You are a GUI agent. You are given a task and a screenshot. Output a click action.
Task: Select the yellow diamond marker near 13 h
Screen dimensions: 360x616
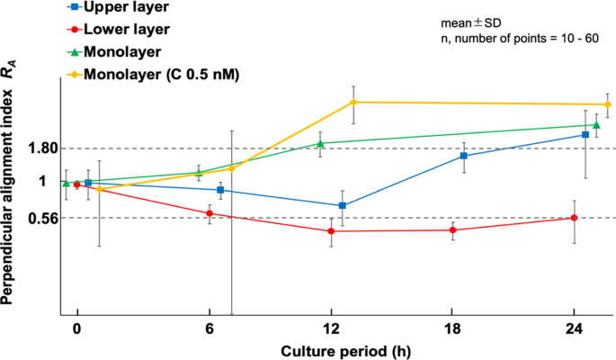pos(353,103)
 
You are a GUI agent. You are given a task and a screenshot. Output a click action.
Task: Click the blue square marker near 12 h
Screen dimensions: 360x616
pos(343,206)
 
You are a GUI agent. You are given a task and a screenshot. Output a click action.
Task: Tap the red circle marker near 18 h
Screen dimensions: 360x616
pos(452,230)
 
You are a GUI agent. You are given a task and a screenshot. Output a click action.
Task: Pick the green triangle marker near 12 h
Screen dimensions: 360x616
pos(321,143)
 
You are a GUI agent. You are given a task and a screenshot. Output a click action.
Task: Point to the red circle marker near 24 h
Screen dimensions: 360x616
pos(574,218)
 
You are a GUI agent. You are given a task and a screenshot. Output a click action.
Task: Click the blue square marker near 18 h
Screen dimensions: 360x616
pos(464,156)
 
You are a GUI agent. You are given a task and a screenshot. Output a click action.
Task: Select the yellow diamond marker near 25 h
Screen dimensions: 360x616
pos(608,105)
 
